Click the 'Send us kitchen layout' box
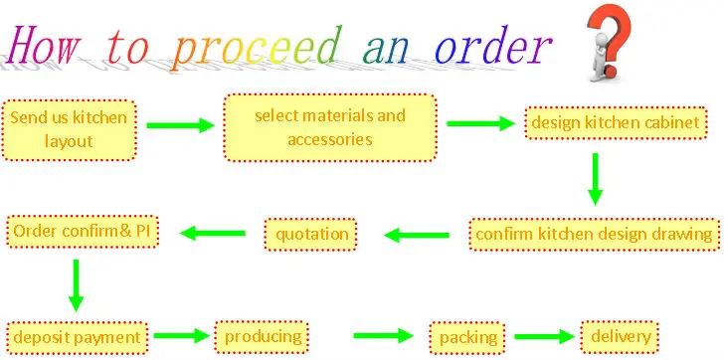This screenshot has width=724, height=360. [68, 128]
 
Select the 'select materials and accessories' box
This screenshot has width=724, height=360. [330, 127]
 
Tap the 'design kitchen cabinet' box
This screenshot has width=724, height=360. [618, 123]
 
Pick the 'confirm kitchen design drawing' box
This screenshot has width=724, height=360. [595, 235]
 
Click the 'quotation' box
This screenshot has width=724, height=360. [312, 235]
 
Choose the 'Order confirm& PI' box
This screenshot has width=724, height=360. [83, 232]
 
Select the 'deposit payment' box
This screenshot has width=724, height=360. [77, 336]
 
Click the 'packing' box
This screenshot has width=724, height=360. [468, 338]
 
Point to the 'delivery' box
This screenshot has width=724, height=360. [621, 336]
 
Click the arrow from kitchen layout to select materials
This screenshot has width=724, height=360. [181, 125]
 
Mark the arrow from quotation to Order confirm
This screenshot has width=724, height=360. [212, 234]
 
